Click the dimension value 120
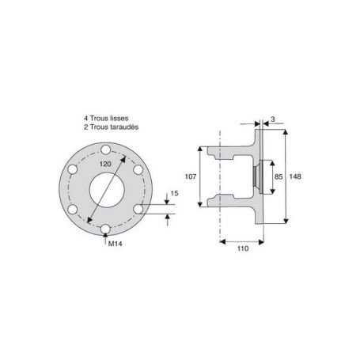click(x=105, y=164)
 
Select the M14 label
click(x=116, y=244)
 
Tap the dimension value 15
click(x=174, y=193)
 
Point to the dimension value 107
click(x=191, y=176)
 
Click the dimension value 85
click(x=279, y=176)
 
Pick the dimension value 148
click(x=295, y=176)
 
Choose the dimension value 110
click(x=243, y=248)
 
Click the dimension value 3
click(x=273, y=119)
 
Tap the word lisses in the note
click(x=119, y=119)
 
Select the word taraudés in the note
click(x=124, y=127)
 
